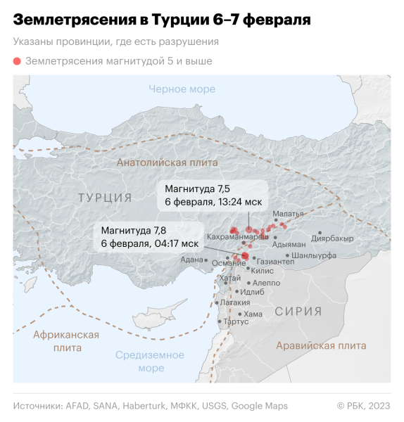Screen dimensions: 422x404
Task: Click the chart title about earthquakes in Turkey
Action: coord(162,19)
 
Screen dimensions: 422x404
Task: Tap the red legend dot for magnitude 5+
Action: coord(17,61)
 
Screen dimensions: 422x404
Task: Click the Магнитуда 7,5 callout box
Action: coord(213,195)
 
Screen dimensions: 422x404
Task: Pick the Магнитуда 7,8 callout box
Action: coord(149,236)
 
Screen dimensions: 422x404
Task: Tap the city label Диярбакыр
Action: coord(332,238)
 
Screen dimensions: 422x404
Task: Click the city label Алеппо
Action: coord(266,283)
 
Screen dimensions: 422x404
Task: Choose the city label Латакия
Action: coord(235,302)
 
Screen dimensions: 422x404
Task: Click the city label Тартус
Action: coord(236,321)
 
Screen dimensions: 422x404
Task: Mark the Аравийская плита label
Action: coord(321,345)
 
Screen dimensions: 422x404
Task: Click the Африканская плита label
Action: coord(66,341)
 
